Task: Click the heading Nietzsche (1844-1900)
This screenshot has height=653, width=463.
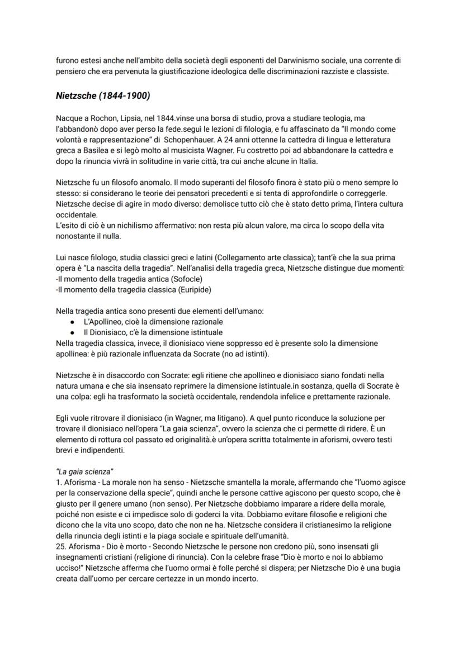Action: coord(103,96)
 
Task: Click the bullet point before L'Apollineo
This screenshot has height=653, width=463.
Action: coord(73,323)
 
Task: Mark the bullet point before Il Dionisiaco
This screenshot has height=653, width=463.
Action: coord(73,333)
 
